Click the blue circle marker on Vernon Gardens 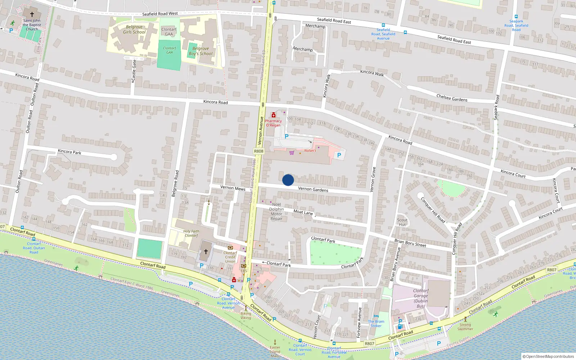(288, 180)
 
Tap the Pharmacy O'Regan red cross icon (274, 115)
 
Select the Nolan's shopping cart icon (292, 153)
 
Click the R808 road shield (258, 152)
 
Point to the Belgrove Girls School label (134, 30)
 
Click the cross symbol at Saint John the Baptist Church (32, 14)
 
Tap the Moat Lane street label (303, 212)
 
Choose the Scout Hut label (402, 222)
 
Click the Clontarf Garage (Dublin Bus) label (420, 298)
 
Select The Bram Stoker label (376, 324)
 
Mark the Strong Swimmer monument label (465, 327)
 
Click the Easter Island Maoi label (275, 351)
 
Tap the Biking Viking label (246, 315)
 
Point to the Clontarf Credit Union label (230, 257)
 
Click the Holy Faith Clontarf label (191, 233)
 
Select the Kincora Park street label (69, 152)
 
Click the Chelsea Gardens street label (452, 98)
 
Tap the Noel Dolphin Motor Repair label (276, 211)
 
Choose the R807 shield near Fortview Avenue (369, 343)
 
